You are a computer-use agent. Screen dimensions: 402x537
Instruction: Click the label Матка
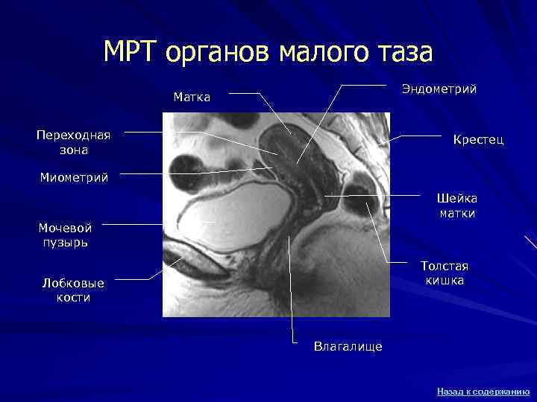pos(192,97)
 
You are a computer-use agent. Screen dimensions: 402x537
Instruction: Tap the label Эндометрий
pos(439,89)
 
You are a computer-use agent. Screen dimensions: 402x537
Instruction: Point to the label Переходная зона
pos(73,141)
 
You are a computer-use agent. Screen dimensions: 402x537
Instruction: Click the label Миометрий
pos(73,177)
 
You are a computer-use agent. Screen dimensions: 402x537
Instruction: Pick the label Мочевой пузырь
pos(65,234)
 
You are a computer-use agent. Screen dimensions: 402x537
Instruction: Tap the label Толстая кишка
pos(445,272)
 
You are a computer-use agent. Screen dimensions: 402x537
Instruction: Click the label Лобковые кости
pos(74,290)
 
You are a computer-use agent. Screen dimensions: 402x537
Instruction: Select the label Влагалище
pos(348,346)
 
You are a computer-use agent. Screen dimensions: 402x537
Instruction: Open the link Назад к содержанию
pos(483,391)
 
